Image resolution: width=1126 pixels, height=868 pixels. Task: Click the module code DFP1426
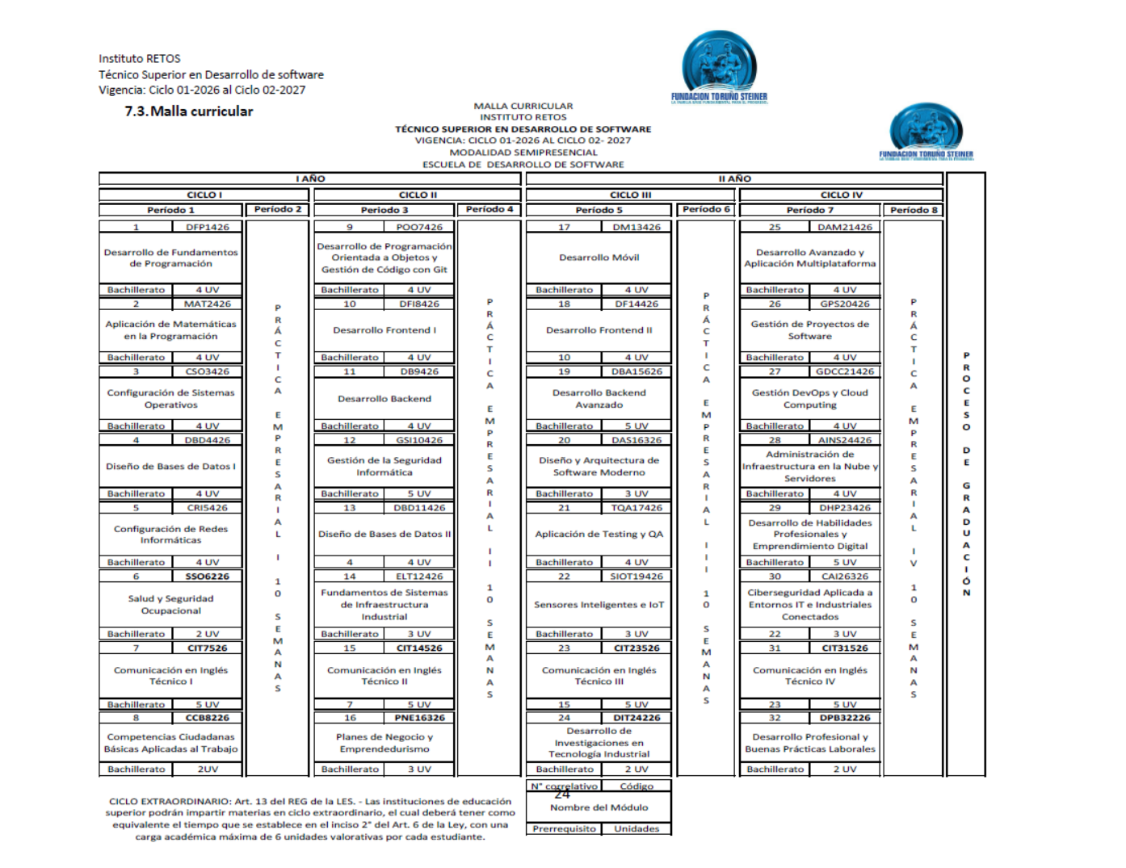(207, 227)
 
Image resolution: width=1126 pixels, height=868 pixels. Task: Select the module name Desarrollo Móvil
(599, 258)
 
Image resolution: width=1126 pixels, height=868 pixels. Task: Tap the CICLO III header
(630, 195)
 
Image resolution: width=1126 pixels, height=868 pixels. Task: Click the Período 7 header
(809, 210)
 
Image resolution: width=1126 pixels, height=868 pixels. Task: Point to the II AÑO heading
(734, 178)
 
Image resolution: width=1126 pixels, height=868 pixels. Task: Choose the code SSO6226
(207, 577)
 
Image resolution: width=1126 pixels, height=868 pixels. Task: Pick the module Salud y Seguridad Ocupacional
(170, 605)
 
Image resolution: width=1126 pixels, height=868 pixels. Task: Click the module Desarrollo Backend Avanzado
(599, 399)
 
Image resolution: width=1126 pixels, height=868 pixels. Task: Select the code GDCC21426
(844, 371)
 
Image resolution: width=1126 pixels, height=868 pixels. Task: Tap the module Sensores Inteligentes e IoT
(599, 605)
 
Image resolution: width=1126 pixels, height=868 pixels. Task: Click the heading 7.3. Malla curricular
(188, 111)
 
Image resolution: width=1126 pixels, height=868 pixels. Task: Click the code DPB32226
(844, 718)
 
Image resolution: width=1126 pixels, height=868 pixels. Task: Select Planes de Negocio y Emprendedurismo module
(384, 743)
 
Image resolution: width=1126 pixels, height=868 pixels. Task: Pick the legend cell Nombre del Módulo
(599, 807)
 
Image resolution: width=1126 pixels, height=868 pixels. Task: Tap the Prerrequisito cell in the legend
(564, 828)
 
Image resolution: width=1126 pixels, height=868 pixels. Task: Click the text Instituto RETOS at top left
(140, 59)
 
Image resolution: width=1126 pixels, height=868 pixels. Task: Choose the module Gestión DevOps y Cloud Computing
(809, 399)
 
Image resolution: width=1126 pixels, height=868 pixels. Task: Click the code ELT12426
(419, 577)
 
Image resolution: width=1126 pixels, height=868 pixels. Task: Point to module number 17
(564, 227)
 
